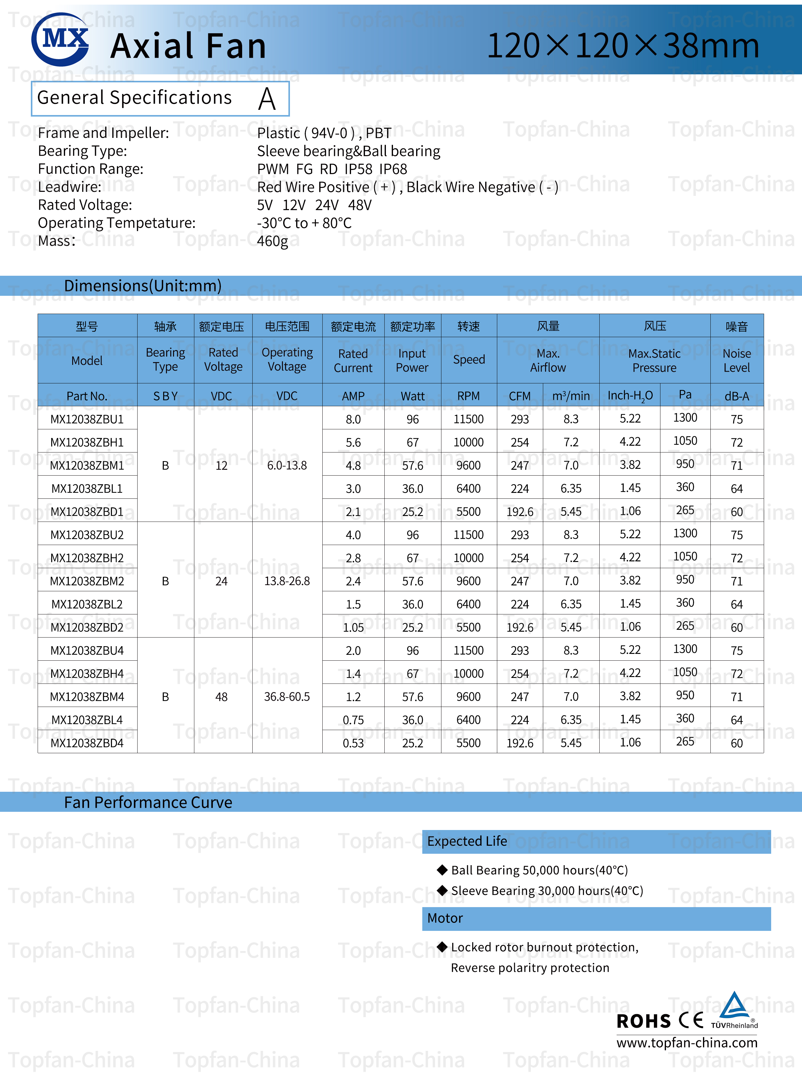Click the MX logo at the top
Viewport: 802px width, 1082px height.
(60, 39)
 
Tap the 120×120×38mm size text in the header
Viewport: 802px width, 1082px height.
(623, 46)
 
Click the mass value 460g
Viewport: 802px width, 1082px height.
(272, 241)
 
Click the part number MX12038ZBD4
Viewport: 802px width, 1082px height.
(87, 743)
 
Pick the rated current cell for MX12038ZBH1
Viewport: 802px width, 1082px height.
(353, 442)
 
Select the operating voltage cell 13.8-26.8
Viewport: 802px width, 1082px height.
(287, 581)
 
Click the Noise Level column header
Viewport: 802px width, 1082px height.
(737, 360)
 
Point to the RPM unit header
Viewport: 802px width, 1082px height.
(469, 396)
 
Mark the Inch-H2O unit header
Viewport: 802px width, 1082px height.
(630, 396)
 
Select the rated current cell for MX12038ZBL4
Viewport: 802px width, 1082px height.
(353, 720)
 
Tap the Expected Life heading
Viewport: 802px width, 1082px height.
(467, 841)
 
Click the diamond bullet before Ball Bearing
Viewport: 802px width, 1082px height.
(442, 869)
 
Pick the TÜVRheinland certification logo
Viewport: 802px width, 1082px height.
(734, 1010)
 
